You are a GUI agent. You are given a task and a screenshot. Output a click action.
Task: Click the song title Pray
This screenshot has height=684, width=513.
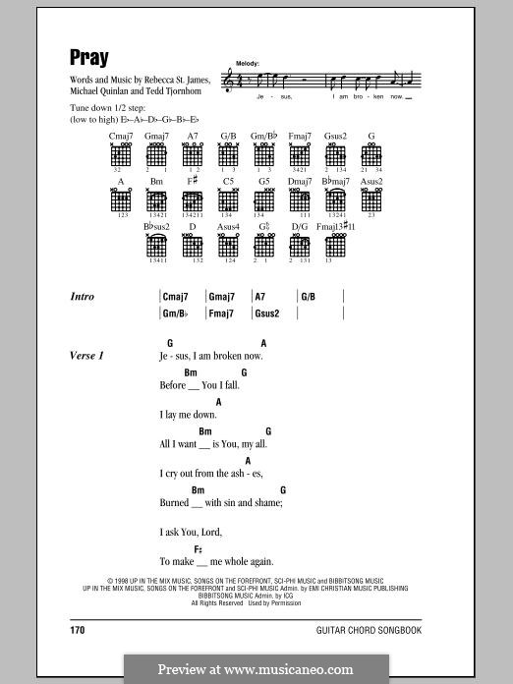click(x=89, y=57)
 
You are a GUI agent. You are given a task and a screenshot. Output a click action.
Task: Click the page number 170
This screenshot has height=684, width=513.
click(x=80, y=630)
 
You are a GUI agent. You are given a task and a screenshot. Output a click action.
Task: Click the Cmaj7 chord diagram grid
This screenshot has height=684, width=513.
click(x=121, y=155)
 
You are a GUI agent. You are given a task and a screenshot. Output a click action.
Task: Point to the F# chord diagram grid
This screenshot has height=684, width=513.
click(x=193, y=201)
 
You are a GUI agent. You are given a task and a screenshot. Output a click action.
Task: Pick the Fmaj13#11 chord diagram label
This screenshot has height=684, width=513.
click(x=335, y=227)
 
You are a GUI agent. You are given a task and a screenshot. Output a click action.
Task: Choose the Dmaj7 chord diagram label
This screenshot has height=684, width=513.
click(x=300, y=182)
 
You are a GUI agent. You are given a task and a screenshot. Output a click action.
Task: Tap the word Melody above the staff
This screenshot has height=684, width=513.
click(x=248, y=62)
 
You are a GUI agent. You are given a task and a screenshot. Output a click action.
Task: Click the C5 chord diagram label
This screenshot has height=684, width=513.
click(x=228, y=182)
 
